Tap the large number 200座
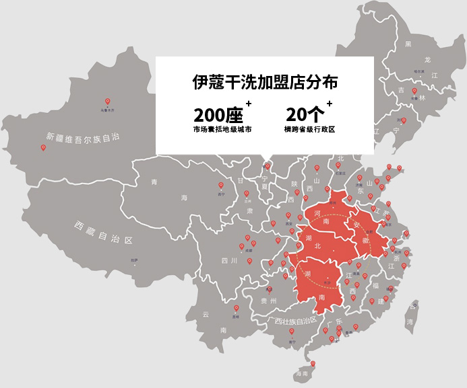218,114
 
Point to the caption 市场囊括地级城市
222,128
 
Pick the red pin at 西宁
220,186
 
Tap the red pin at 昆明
235,309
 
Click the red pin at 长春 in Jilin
414,91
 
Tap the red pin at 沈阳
402,120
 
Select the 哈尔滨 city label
418,71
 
